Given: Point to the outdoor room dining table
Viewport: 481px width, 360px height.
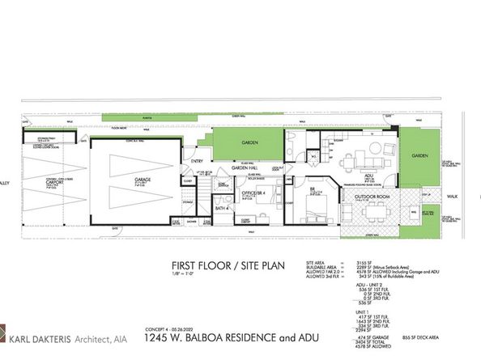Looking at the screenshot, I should point(375,213).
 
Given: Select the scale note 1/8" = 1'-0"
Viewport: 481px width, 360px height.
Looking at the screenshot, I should point(182,275).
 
